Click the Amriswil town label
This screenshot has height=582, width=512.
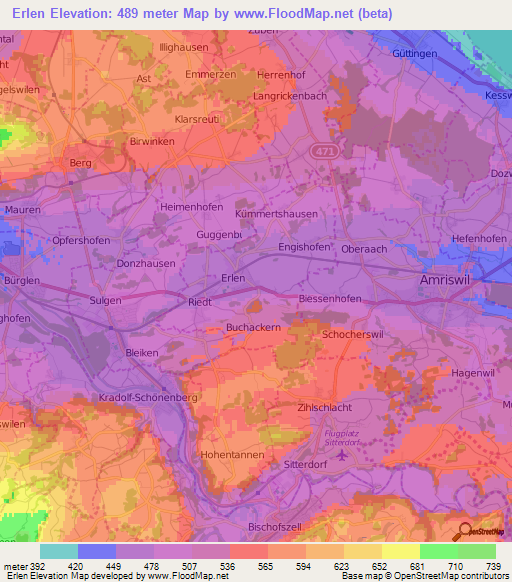tap(444, 282)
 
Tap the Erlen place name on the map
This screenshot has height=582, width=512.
tap(233, 278)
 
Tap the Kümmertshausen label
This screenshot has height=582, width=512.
tap(276, 214)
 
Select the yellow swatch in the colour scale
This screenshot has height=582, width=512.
tap(400, 551)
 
